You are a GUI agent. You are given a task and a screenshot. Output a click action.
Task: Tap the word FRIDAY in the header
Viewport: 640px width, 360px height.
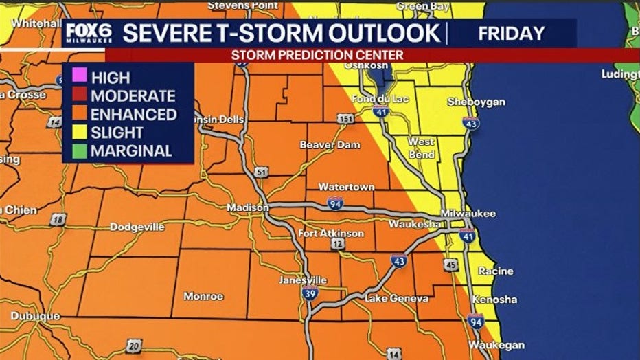pos(511,33)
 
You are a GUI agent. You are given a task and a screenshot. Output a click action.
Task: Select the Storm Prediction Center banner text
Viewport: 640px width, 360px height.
pos(317,54)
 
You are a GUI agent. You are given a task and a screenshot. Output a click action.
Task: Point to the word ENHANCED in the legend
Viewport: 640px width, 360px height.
pos(133,115)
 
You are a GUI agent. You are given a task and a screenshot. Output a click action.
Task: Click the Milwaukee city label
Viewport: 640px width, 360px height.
pos(468,214)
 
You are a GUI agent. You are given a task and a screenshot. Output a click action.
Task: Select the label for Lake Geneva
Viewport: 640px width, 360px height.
pos(396,298)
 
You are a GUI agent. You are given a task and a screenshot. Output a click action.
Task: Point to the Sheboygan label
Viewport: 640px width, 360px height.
pos(476,102)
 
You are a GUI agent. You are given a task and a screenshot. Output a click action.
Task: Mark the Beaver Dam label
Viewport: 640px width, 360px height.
pos(327,145)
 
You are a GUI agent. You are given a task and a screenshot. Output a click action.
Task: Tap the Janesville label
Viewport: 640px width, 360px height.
pos(303,280)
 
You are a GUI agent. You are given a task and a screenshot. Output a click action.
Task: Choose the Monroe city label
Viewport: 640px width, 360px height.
pos(203,296)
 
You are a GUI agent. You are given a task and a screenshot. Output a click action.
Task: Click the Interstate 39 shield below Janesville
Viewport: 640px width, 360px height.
pos(309,294)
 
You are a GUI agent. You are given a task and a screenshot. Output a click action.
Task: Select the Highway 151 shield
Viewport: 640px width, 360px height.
pos(346,119)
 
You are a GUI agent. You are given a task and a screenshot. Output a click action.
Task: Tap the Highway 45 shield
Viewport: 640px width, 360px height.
pos(450,265)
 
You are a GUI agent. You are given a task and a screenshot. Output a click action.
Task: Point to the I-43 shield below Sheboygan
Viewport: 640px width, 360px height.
pos(470,123)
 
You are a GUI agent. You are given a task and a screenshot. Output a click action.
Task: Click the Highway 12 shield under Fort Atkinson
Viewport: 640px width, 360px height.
pos(337,244)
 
